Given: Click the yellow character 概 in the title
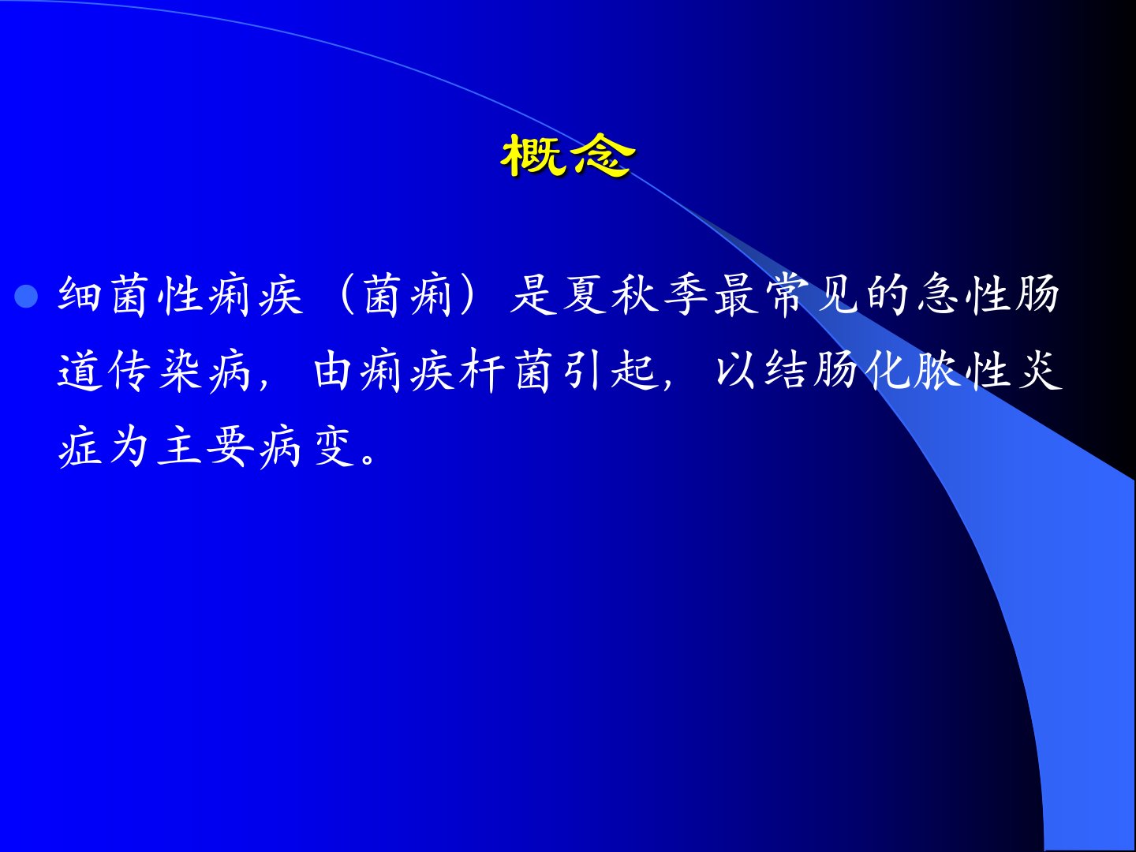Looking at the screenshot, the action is pyautogui.click(x=533, y=155).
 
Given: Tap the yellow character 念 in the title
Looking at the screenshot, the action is pyautogui.click(x=601, y=155).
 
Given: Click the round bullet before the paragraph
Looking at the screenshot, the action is pyautogui.click(x=26, y=297).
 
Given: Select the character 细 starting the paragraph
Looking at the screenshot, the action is pyautogui.click(x=79, y=296).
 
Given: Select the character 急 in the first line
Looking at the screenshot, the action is pyautogui.click(x=937, y=296).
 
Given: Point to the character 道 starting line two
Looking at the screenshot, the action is pyautogui.click(x=79, y=371).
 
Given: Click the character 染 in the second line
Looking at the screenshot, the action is pyautogui.click(x=180, y=371).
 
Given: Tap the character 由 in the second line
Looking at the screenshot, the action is pyautogui.click(x=332, y=371).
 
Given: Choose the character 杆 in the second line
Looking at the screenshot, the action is pyautogui.click(x=483, y=371).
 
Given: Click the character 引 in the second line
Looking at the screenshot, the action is pyautogui.click(x=584, y=371).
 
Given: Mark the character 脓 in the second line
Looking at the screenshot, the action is pyautogui.click(x=937, y=371).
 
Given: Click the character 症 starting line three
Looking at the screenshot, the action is pyautogui.click(x=79, y=447).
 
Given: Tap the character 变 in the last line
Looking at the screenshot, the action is pyautogui.click(x=332, y=447).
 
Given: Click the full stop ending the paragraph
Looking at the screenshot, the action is pyautogui.click(x=369, y=458).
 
